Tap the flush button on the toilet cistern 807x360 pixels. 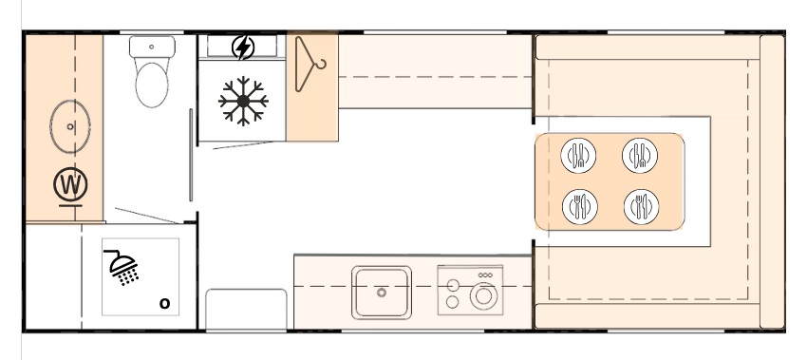coord(151,47)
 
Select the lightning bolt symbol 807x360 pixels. coord(243,47)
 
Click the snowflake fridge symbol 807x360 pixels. coord(243,101)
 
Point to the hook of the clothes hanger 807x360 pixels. coord(321,65)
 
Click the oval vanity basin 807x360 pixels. coord(70,126)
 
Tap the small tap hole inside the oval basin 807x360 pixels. coord(70,126)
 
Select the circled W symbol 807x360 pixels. coord(70,184)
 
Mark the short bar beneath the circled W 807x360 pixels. coord(70,205)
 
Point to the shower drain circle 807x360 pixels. coord(164,303)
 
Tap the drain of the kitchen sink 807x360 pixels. coord(382,293)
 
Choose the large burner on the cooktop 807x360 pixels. coord(483,295)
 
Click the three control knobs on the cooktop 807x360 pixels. coord(485,275)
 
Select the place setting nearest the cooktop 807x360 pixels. coord(580,207)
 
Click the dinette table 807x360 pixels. coord(610,181)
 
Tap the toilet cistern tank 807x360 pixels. coord(152,47)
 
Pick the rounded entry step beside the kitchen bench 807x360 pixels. coord(247,309)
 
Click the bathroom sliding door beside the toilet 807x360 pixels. coord(191,155)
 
